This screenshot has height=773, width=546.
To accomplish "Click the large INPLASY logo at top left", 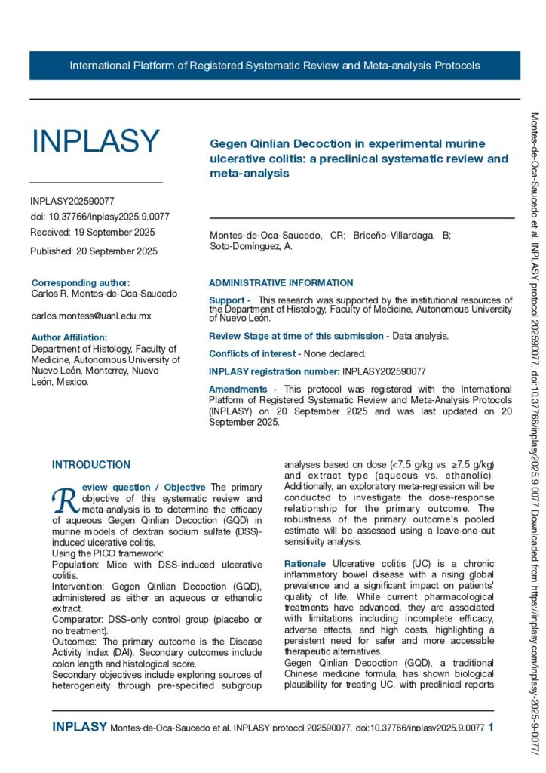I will [95, 141].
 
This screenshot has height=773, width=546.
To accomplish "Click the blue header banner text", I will [275, 66].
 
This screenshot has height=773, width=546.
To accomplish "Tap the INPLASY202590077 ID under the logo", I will [72, 202].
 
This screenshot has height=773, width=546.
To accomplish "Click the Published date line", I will [94, 251].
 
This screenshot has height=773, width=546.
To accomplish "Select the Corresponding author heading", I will [81, 282].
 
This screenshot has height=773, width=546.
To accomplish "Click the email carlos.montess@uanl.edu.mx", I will [91, 316].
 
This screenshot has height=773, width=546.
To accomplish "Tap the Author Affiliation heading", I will [69, 337].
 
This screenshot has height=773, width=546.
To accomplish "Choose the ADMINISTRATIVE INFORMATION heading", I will [281, 283].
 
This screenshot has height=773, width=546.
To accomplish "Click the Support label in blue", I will [229, 300].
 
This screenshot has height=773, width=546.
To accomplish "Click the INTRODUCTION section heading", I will [91, 465].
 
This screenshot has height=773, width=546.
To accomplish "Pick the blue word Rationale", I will [305, 564].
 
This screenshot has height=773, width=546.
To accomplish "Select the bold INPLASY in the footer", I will [79, 727].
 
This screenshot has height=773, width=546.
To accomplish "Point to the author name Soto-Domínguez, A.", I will [251, 246].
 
